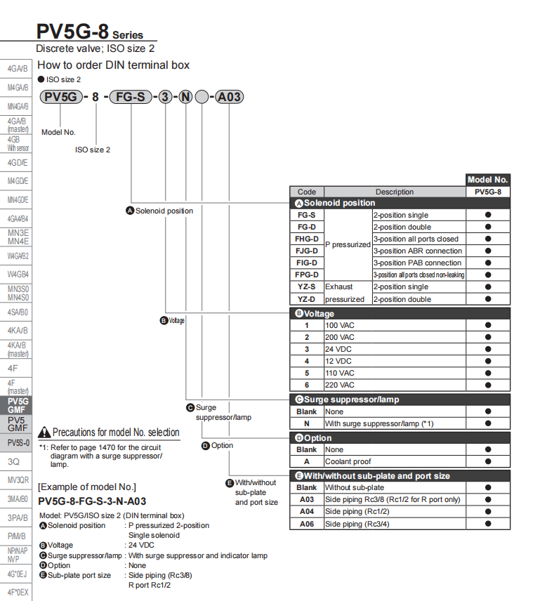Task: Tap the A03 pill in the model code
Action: point(229,97)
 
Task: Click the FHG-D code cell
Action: point(306,239)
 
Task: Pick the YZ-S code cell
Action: point(306,286)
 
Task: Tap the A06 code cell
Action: point(306,524)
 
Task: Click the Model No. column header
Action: point(487,180)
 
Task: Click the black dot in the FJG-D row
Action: point(487,251)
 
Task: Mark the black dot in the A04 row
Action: point(487,512)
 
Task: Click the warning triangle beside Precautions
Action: point(44,433)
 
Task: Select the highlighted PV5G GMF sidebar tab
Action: point(18,405)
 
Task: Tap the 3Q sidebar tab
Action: point(14,462)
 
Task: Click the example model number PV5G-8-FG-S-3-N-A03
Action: point(92,501)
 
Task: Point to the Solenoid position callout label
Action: point(159,211)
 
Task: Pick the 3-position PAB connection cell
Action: point(417,263)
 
